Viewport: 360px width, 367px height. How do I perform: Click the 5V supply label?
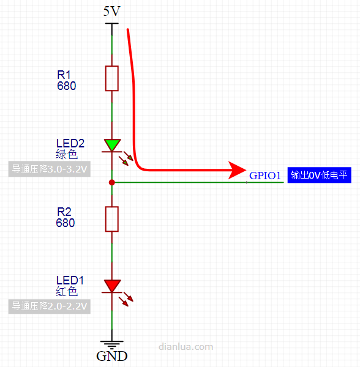click(x=111, y=11)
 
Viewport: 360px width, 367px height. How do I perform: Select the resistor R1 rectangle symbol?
click(x=111, y=78)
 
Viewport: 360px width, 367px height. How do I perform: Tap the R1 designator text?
click(x=64, y=75)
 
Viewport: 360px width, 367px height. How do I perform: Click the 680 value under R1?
click(x=67, y=86)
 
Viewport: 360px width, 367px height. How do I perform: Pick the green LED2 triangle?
click(x=112, y=145)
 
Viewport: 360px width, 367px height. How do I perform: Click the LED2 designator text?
click(x=70, y=143)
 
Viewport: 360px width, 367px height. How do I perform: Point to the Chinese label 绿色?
click(x=67, y=154)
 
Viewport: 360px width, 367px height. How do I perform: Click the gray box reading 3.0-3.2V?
click(x=50, y=169)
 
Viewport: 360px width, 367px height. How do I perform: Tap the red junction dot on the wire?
click(x=111, y=182)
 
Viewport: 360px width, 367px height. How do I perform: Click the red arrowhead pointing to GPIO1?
click(x=236, y=170)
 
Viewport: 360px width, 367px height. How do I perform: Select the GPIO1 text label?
click(x=265, y=176)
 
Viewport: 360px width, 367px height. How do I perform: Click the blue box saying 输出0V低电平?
click(x=319, y=175)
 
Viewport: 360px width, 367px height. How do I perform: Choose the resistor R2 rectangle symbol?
click(x=111, y=219)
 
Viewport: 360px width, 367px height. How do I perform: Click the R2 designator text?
click(x=64, y=212)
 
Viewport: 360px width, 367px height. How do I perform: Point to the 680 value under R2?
click(x=66, y=223)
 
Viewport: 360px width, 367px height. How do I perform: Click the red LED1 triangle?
click(x=112, y=286)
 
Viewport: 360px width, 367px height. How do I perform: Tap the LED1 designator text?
click(x=70, y=280)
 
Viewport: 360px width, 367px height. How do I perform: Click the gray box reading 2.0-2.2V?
click(x=50, y=306)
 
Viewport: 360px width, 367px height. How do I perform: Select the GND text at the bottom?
click(x=111, y=356)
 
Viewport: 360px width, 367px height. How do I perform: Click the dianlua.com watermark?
click(x=186, y=347)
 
